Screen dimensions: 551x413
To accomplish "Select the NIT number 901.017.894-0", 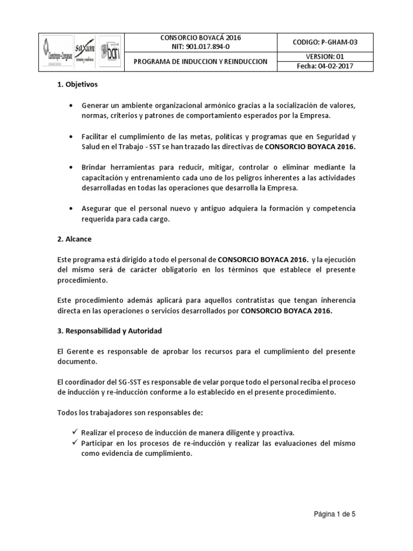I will point(201,47).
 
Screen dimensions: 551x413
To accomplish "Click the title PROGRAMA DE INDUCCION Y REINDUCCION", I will point(201,62).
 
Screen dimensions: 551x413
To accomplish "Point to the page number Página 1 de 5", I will point(335,514).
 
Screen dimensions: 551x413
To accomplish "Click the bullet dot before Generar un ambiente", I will point(72,105).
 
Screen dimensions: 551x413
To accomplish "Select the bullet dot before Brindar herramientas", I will point(72,168).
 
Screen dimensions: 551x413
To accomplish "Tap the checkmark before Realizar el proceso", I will point(74,432).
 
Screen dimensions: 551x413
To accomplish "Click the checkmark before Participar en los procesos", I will point(74,443).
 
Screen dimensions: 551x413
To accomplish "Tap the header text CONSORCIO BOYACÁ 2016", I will point(201,38).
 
